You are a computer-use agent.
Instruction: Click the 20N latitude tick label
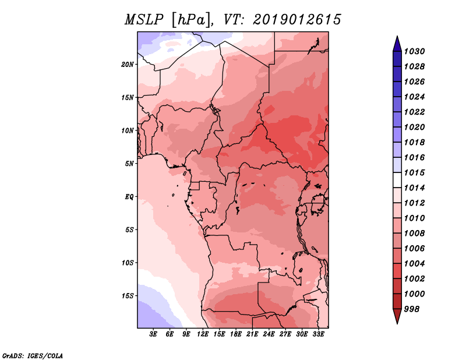click(x=127, y=65)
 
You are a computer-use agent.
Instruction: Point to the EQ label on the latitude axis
click(x=129, y=197)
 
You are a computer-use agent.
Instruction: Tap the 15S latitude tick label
click(x=127, y=296)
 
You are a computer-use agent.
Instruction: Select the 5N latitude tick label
click(x=129, y=164)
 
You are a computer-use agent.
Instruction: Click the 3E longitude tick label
click(x=153, y=334)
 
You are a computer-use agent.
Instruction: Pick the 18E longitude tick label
click(x=236, y=334)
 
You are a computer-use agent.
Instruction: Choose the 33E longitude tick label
click(x=318, y=334)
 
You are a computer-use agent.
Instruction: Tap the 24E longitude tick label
click(x=269, y=334)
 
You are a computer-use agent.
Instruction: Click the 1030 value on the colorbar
click(x=414, y=51)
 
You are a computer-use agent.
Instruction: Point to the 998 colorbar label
click(x=412, y=309)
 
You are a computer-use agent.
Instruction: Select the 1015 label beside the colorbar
click(x=414, y=172)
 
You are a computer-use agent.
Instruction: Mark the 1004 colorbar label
click(x=414, y=264)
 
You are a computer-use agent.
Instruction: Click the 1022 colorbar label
click(x=414, y=112)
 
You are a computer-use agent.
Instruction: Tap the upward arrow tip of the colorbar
click(x=397, y=36)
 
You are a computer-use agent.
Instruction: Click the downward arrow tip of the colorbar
click(x=397, y=323)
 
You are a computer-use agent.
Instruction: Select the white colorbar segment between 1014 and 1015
click(x=397, y=180)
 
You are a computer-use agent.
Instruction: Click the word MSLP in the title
click(x=144, y=20)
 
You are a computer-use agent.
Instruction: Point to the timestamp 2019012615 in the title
click(x=297, y=20)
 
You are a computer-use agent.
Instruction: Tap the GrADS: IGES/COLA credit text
click(x=33, y=356)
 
